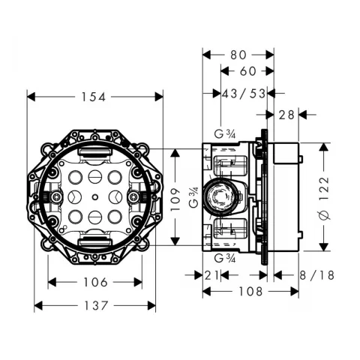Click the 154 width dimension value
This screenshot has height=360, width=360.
pos(94,97)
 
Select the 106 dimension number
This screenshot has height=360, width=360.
pos(95,283)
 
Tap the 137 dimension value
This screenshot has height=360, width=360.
pos(96,305)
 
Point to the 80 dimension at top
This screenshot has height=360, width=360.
pos(238,55)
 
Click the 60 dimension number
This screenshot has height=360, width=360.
pos(248,71)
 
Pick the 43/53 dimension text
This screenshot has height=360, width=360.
pos(244,94)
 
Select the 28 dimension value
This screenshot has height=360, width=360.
pos(286,115)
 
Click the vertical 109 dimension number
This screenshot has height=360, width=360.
pos(175,199)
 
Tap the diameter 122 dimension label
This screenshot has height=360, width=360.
pos(325,198)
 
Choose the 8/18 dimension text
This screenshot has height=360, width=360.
pos(317,275)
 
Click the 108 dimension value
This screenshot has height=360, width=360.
pos(250,291)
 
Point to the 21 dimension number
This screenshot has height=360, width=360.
pos(211,275)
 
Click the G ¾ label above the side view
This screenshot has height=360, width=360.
pos(225,134)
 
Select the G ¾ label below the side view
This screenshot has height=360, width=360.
pos(225,258)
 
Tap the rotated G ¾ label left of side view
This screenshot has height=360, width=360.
pos(193,197)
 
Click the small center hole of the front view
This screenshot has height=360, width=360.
pos(94,197)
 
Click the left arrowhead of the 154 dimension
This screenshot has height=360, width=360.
pos(31,97)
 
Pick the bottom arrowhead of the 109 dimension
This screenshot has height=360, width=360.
pos(175,241)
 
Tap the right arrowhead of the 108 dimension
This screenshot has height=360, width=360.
pos(295,291)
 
